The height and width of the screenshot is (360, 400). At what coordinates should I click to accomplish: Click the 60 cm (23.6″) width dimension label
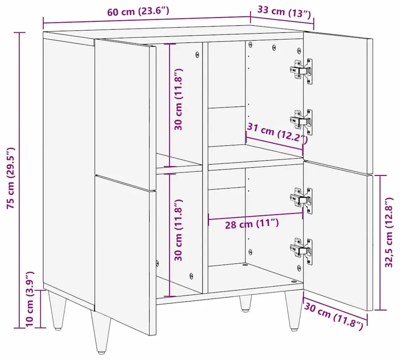138,12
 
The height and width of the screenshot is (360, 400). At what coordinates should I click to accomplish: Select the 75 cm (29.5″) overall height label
11,178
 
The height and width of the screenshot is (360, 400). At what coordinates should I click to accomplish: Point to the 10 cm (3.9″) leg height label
29,299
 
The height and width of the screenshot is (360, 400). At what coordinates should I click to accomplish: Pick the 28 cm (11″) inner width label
252,224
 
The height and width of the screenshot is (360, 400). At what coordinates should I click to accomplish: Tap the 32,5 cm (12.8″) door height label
389,232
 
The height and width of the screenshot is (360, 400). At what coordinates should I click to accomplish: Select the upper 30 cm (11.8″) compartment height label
178,99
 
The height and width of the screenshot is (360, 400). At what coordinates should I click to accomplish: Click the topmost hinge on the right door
302,71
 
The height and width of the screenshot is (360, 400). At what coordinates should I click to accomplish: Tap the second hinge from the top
302,122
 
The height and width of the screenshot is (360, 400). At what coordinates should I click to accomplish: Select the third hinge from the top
302,201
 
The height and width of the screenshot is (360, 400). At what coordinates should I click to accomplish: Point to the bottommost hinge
302,251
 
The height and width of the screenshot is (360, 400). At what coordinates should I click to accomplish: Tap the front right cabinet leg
294,311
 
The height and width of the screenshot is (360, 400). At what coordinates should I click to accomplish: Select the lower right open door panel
338,236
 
